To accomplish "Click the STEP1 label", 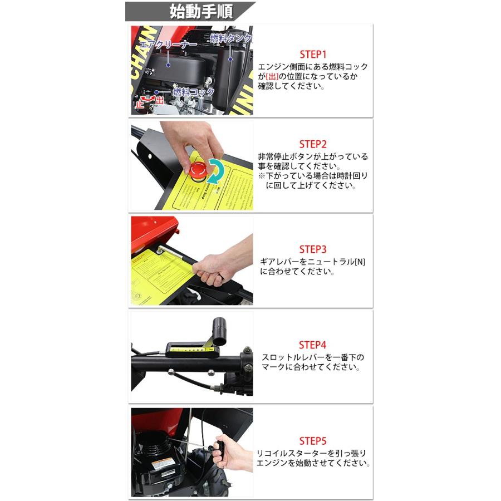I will click(312, 54).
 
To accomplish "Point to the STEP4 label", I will click(312, 345).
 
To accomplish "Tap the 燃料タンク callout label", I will click(230, 38).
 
